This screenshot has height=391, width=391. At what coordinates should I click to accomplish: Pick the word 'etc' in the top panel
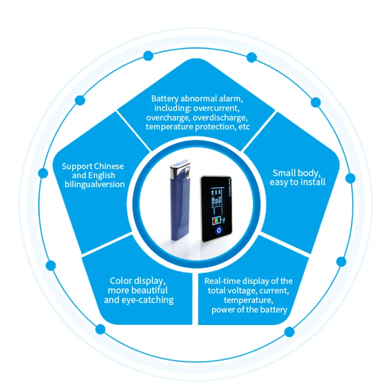point(243,127)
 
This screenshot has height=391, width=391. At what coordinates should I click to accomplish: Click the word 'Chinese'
point(109,166)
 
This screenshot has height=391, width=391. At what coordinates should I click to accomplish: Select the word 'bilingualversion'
point(95,184)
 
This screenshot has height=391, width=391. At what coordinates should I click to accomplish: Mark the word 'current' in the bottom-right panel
point(274,291)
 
